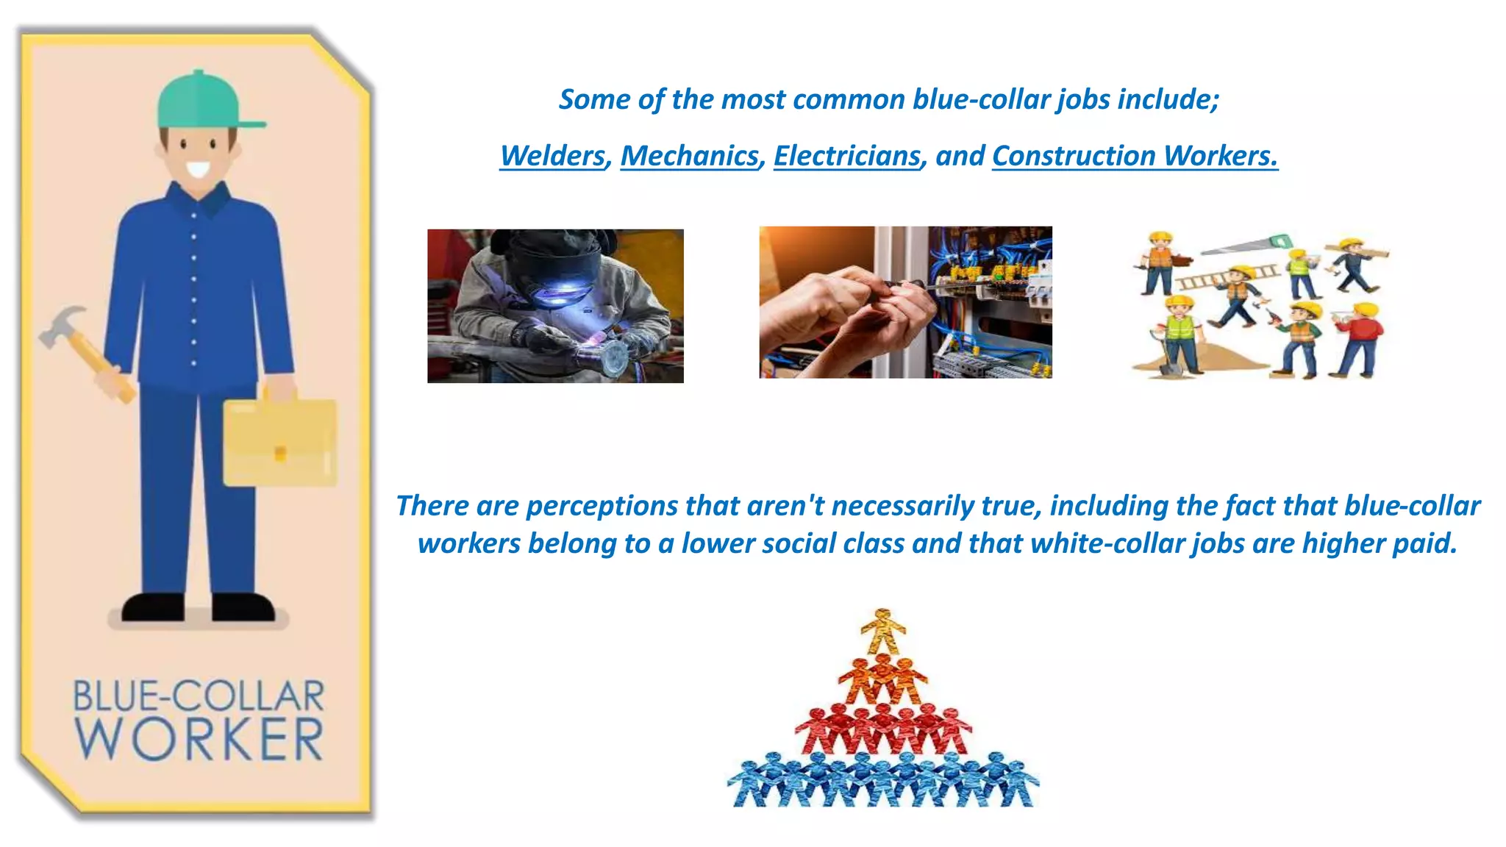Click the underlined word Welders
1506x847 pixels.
click(553, 156)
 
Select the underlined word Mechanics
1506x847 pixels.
click(690, 156)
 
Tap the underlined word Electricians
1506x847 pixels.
click(847, 156)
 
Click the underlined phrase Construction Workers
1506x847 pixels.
click(1135, 156)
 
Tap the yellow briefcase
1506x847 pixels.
click(279, 441)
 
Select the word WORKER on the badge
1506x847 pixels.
click(199, 739)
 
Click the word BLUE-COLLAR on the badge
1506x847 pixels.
click(199, 696)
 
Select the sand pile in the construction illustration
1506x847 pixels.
click(1213, 360)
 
